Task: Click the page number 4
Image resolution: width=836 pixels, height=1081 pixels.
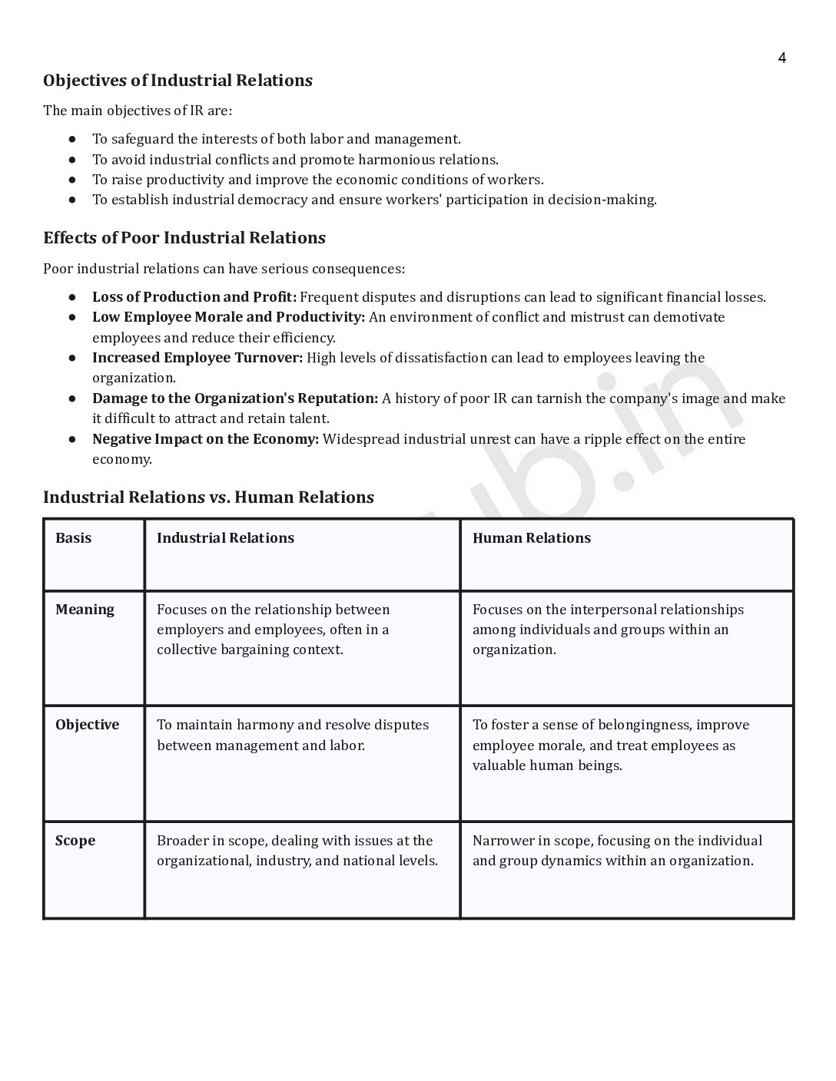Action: coord(781,58)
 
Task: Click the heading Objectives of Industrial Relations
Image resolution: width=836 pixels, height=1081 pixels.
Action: coord(177,81)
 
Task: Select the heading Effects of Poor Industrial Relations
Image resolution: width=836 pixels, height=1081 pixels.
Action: coord(184,238)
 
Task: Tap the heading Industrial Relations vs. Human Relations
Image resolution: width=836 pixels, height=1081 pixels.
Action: coord(208,498)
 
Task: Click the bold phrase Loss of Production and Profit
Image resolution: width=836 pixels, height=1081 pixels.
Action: coord(194,297)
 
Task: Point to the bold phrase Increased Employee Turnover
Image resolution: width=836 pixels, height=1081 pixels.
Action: coord(197,358)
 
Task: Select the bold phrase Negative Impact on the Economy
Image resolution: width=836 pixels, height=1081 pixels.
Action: coord(205,439)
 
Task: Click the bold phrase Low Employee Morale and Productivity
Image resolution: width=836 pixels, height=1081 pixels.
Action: coord(228,317)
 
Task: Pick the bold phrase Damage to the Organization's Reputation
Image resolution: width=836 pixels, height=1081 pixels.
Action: coord(235,398)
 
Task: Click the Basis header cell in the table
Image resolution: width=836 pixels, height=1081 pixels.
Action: coord(73,538)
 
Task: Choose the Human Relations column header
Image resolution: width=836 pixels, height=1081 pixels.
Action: coord(532,538)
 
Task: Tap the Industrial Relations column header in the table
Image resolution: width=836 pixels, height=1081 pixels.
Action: coord(225,538)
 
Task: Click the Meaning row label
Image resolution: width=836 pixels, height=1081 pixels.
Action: coord(85,610)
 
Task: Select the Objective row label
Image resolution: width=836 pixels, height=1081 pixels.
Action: coord(87,725)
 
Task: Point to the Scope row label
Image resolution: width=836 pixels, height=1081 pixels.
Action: coord(75,841)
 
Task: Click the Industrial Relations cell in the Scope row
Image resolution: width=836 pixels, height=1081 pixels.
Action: coord(297,851)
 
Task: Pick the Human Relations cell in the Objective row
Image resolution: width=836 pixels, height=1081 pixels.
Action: coord(611,745)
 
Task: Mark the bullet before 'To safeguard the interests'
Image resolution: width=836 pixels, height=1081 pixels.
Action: coord(71,139)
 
